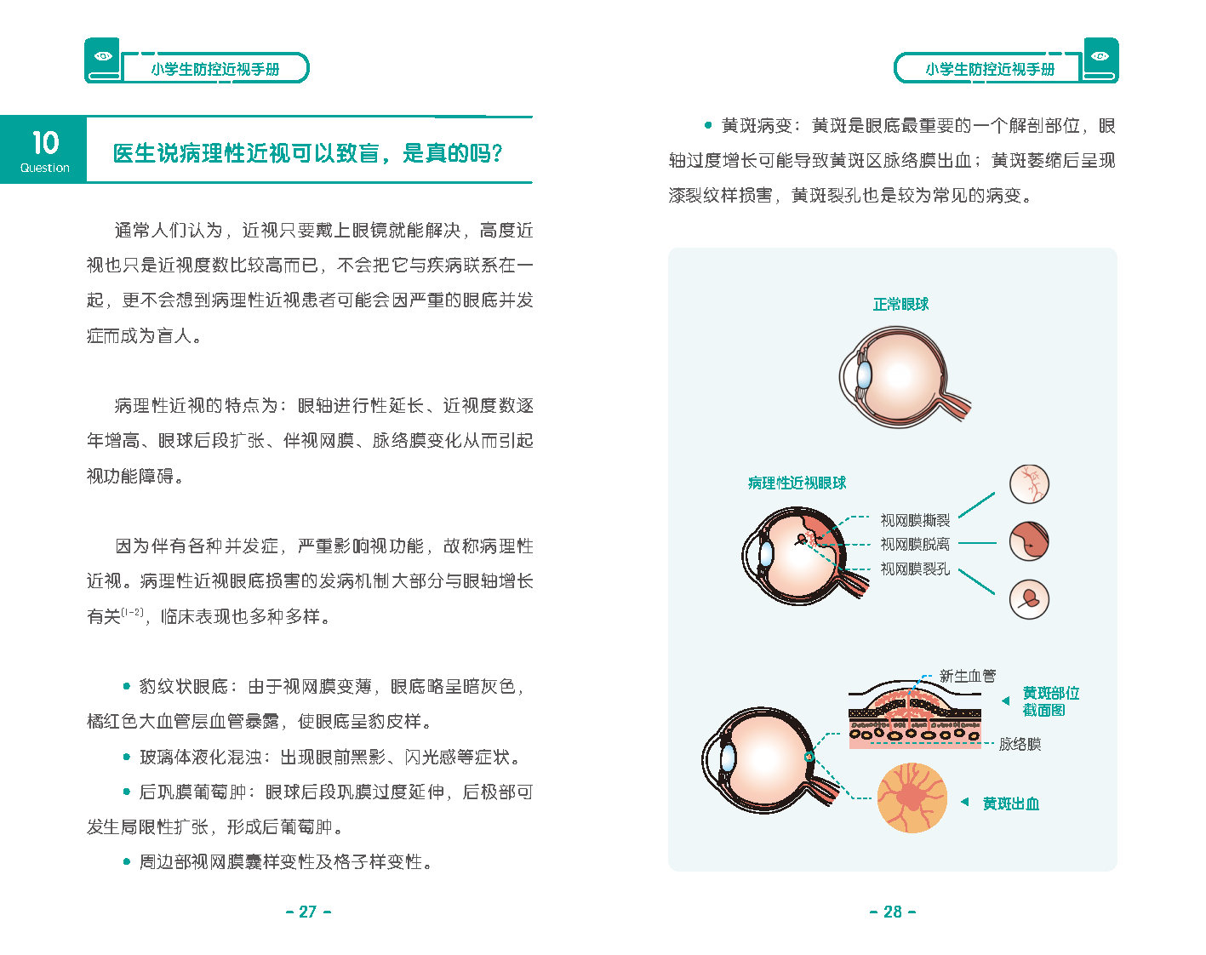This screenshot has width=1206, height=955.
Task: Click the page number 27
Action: pyautogui.click(x=308, y=912)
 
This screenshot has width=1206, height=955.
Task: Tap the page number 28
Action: pyautogui.click(x=893, y=912)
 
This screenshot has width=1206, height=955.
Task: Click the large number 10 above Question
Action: pyautogui.click(x=45, y=143)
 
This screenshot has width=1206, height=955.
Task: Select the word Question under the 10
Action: pyautogui.click(x=45, y=168)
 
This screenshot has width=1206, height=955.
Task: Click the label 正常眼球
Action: pyautogui.click(x=900, y=305)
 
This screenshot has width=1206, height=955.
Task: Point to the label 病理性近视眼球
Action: pyautogui.click(x=797, y=483)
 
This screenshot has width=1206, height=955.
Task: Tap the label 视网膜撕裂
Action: pyautogui.click(x=915, y=521)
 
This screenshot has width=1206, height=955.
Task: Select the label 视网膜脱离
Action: pyautogui.click(x=915, y=544)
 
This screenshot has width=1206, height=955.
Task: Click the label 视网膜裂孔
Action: pyautogui.click(x=915, y=569)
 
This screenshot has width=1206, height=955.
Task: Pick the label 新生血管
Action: pyautogui.click(x=968, y=676)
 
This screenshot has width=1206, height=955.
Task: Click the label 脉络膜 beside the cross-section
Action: pyautogui.click(x=1020, y=744)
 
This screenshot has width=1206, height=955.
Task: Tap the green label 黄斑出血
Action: pyautogui.click(x=1011, y=803)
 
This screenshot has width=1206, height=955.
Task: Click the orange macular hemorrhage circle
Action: pyautogui.click(x=912, y=798)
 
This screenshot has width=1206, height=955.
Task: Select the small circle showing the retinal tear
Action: pyautogui.click(x=1030, y=484)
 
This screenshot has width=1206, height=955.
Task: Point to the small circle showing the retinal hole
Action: pyautogui.click(x=1030, y=599)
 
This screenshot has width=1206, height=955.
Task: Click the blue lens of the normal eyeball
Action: pyautogui.click(x=865, y=375)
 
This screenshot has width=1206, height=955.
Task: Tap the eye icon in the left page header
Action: pyautogui.click(x=104, y=56)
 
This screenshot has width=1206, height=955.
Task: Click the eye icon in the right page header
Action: pyautogui.click(x=1100, y=56)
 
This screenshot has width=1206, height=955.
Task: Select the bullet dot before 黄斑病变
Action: pyautogui.click(x=708, y=125)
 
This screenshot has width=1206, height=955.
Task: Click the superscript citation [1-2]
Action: pyautogui.click(x=133, y=612)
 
